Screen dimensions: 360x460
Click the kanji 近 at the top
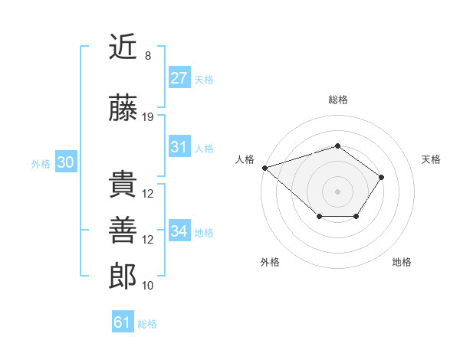123,47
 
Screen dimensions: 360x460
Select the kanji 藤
123,109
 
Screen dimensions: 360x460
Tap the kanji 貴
123,185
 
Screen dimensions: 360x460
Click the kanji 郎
123,277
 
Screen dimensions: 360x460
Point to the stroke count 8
148,56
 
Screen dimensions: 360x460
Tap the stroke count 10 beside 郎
148,286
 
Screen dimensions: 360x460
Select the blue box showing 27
179,78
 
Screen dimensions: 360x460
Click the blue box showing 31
179,147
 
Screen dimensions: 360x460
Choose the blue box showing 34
179,231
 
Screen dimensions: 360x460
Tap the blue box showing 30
65,162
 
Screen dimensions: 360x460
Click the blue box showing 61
122,322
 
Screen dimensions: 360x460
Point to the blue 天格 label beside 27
204,79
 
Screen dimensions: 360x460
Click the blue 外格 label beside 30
41,163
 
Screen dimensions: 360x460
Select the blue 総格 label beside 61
147,324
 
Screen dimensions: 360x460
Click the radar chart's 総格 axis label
337,100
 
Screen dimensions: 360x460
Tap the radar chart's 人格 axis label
245,159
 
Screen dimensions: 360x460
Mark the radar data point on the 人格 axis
264,167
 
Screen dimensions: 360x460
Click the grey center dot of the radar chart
337,191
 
